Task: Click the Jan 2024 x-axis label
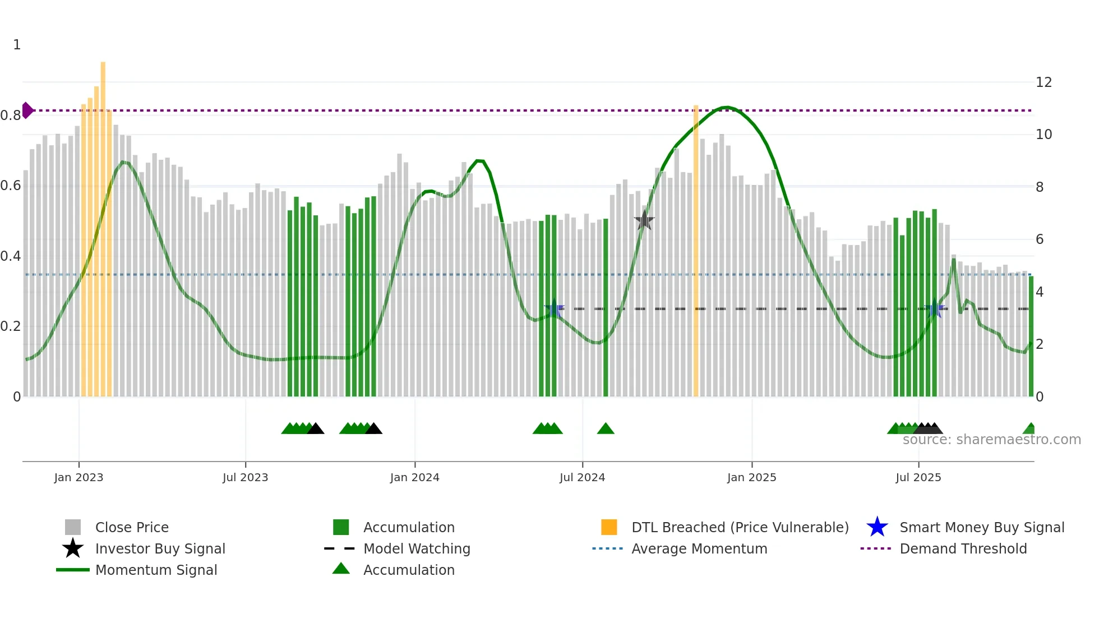click(x=414, y=477)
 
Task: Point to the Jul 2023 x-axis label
click(x=245, y=477)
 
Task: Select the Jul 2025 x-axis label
click(x=918, y=477)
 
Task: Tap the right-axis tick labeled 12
click(x=1043, y=82)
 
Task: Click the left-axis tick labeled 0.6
click(x=11, y=186)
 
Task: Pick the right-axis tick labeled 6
click(x=1040, y=239)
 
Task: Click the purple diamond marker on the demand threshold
click(x=27, y=110)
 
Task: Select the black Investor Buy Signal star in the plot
click(x=644, y=220)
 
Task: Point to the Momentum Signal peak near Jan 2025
click(x=726, y=107)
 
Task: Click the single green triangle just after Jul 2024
click(x=606, y=429)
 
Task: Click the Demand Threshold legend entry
click(x=963, y=548)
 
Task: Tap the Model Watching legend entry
click(x=416, y=548)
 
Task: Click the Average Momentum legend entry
click(x=699, y=548)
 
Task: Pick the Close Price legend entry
click(x=131, y=527)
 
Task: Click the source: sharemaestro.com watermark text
click(x=991, y=440)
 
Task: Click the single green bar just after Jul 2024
click(x=606, y=308)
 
